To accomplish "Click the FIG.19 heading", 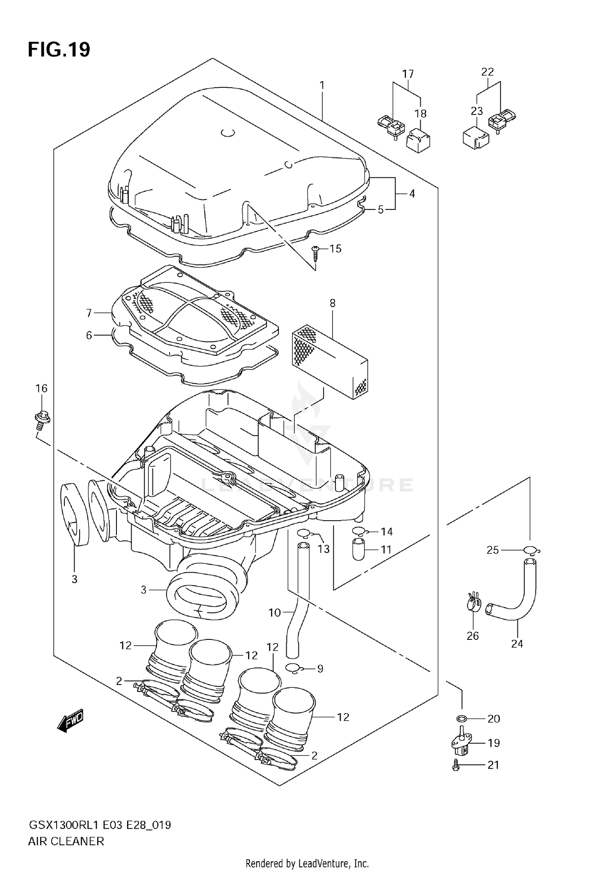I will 59,50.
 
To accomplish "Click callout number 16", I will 41,388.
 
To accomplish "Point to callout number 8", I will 332,303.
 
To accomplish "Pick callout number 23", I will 477,111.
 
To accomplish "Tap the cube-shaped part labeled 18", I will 418,141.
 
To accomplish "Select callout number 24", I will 517,644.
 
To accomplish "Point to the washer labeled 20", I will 462,719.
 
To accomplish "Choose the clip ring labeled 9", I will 294,669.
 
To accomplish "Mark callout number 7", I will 89,313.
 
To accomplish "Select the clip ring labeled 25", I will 531,550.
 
